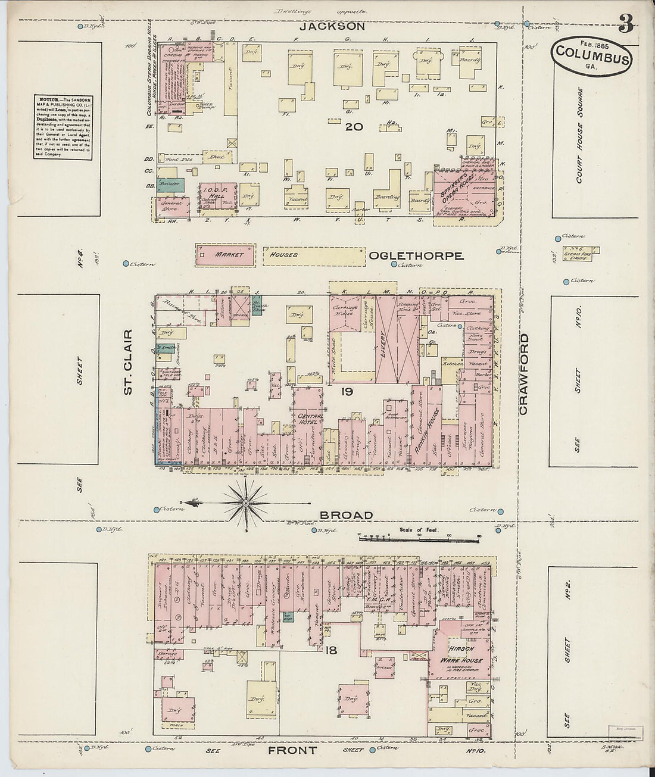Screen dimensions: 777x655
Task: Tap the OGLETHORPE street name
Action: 416,255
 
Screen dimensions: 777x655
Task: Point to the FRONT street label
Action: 292,750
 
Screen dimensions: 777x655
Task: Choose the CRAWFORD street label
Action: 524,374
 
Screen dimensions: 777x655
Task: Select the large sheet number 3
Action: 625,23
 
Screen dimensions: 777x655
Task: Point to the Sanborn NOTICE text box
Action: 63,126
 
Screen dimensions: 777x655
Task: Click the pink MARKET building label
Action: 229,255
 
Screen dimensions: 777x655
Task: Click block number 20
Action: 354,126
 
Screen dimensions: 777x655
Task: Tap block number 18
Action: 331,650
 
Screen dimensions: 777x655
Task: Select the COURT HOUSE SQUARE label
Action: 580,135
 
